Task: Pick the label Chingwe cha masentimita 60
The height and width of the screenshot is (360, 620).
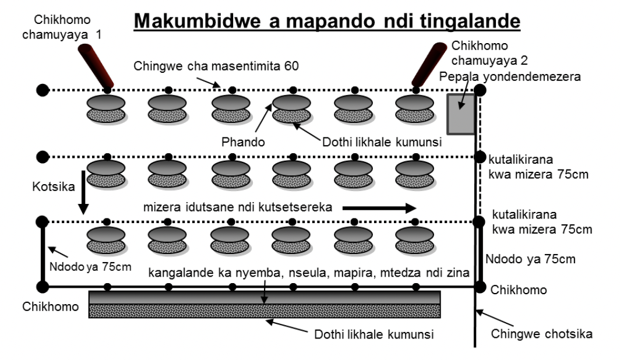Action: (216, 66)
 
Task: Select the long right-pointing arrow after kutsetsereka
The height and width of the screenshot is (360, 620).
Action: (379, 208)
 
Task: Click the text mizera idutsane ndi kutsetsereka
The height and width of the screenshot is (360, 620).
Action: (239, 208)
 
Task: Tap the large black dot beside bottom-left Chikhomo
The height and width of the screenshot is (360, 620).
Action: (43, 287)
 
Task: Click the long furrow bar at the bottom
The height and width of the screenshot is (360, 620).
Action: (264, 304)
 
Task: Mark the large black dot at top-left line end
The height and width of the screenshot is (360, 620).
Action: (42, 90)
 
